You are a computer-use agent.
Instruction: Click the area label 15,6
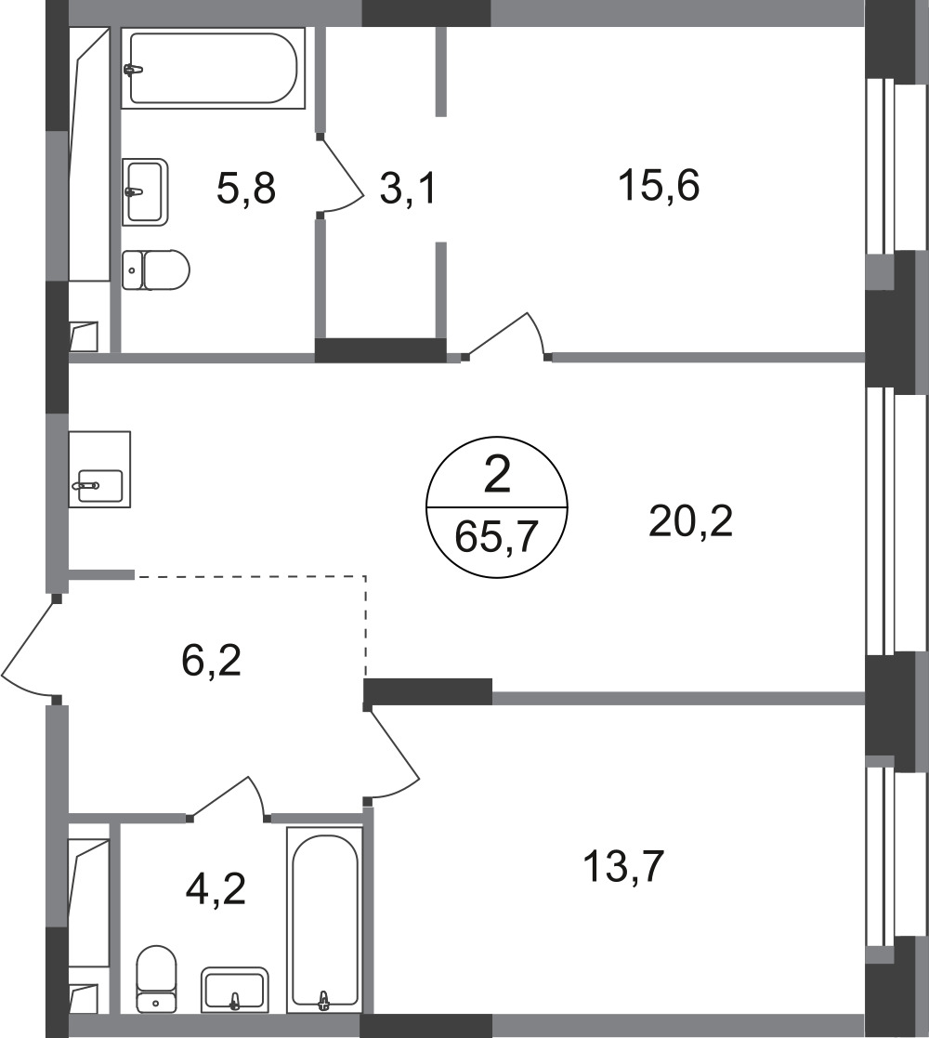[x=659, y=185]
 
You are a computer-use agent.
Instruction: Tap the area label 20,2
[x=691, y=521]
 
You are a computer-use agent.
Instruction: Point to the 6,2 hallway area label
[x=212, y=661]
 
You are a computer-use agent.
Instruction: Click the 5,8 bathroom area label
[x=245, y=188]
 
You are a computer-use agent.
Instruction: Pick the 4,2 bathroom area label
[x=216, y=889]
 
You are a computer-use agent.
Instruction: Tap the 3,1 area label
[x=408, y=189]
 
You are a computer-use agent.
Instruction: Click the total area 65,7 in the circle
[x=495, y=536]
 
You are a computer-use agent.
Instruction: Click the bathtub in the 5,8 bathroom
[x=213, y=68]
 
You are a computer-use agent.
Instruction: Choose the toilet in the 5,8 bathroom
[x=156, y=270]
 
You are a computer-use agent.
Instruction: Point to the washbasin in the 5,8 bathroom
[x=145, y=192]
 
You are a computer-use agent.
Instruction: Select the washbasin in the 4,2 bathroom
[x=235, y=990]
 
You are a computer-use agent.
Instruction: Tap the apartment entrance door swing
[x=30, y=649]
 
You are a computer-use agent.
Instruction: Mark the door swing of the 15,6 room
[x=506, y=336]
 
